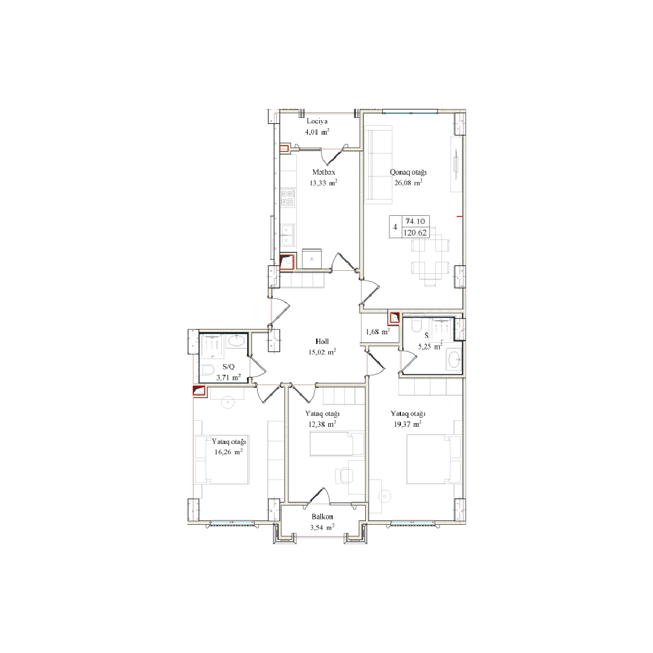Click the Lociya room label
[317, 121]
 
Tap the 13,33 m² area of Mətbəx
[323, 183]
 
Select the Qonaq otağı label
[408, 172]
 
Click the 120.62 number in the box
[415, 232]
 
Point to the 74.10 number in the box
[415, 221]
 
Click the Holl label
[322, 342]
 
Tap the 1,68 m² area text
[378, 332]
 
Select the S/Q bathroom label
[228, 367]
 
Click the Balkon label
[322, 517]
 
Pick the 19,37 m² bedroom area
[408, 424]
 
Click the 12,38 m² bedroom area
[322, 424]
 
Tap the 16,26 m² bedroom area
[228, 452]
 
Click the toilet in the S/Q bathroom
[207, 370]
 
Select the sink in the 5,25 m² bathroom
[453, 359]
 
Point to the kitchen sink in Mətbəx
[287, 235]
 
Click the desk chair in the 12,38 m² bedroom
[345, 476]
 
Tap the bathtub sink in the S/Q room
[236, 341]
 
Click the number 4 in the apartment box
[395, 227]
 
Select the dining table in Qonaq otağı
[430, 256]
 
